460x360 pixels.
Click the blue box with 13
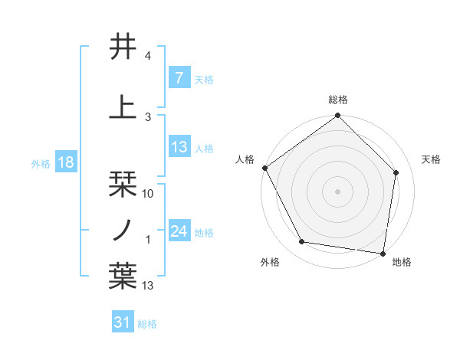(179, 148)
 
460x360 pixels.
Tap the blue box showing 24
(179, 231)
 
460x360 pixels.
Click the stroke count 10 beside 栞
(149, 194)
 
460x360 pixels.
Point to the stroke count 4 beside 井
(148, 56)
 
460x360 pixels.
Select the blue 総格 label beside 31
(147, 324)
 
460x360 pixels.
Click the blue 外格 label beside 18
(40, 163)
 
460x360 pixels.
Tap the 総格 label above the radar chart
(338, 100)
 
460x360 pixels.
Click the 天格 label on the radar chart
(432, 159)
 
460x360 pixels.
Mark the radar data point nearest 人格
(264, 168)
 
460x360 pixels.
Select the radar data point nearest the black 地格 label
(383, 253)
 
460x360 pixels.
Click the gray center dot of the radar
(338, 191)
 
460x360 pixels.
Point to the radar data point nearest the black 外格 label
(302, 242)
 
